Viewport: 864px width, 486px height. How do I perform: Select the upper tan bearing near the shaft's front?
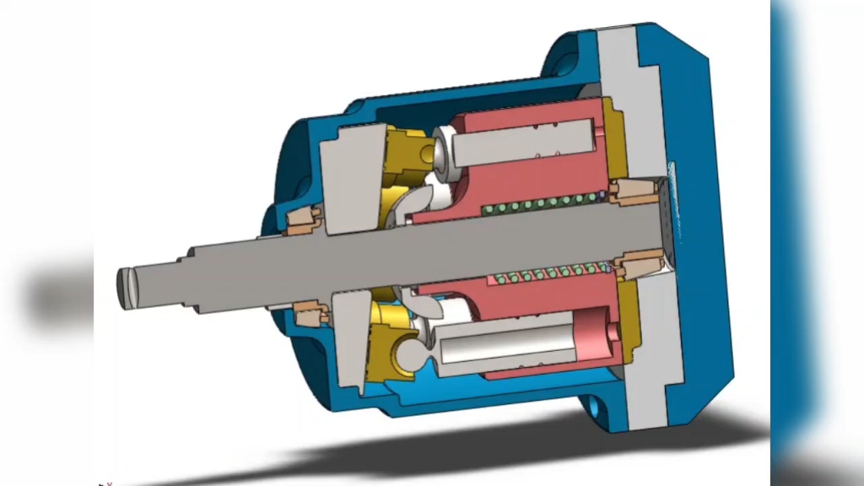pos(301,221)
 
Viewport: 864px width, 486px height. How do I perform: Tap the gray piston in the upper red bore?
pos(523,143)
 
